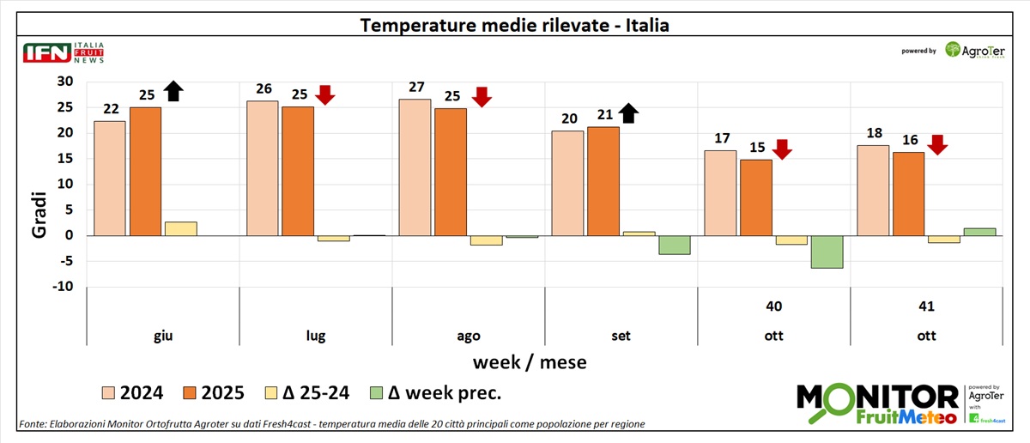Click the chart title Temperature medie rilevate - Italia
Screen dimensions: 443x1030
(x=514, y=25)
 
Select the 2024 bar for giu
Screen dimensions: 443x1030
(x=109, y=178)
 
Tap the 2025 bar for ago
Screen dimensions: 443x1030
(x=451, y=172)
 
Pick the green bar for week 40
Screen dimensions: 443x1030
(x=827, y=252)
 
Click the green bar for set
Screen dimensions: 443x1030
(x=674, y=245)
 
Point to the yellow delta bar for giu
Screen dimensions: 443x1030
(x=181, y=228)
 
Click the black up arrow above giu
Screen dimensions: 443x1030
(x=174, y=91)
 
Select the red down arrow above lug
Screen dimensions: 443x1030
(x=325, y=94)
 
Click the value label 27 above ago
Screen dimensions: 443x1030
(x=415, y=89)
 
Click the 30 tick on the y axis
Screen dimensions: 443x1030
(x=66, y=82)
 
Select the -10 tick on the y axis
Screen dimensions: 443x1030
(x=64, y=287)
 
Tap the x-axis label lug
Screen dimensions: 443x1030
(x=315, y=336)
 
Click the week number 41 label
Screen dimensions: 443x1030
(x=926, y=306)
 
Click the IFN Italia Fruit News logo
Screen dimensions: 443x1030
(x=64, y=53)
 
